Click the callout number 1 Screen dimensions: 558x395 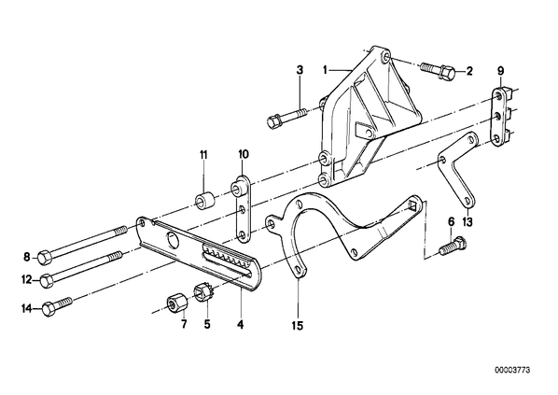click(325, 70)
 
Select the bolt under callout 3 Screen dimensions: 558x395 click(286, 118)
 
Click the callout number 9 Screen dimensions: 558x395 click(500, 71)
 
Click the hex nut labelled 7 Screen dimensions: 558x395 click(175, 303)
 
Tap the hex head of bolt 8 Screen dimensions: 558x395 click(44, 257)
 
